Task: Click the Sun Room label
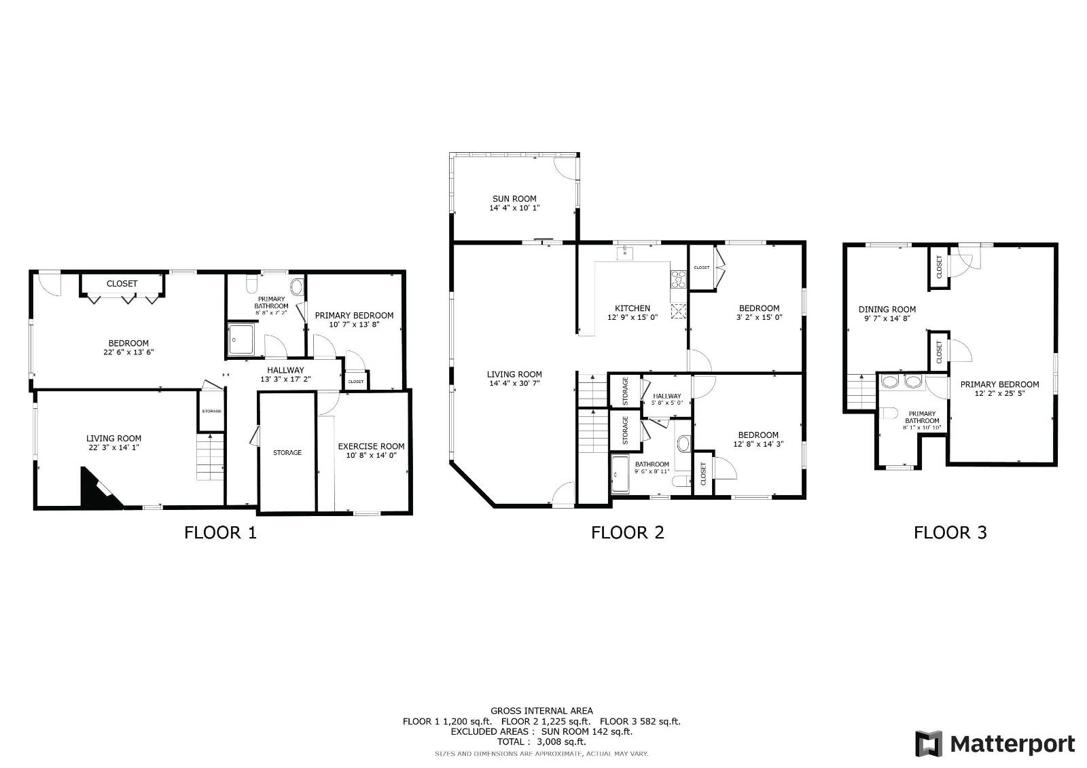coord(514,199)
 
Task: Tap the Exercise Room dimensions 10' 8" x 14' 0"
coord(371,456)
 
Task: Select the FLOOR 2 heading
coord(627,532)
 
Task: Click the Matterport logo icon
coord(928,744)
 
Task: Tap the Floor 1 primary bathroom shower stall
coord(241,339)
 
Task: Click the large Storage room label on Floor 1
coord(287,452)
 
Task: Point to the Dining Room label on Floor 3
coord(887,309)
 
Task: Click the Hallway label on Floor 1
coord(285,370)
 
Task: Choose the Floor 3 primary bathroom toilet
coord(889,413)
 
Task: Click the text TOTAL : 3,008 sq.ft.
coord(541,742)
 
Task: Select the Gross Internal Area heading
coord(541,711)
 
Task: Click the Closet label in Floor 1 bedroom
coord(122,283)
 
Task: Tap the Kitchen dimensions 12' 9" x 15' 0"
coord(632,317)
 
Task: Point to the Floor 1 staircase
coord(210,457)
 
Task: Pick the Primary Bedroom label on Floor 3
coord(999,384)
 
